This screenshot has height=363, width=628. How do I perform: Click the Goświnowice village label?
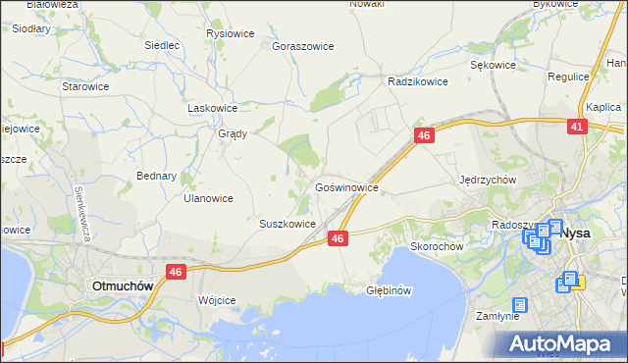click(345, 185)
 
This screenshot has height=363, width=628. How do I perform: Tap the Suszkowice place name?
click(287, 224)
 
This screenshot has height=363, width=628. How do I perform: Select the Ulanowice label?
click(208, 197)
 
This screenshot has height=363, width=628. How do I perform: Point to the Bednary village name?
click(156, 177)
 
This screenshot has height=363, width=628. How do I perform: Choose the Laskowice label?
click(213, 108)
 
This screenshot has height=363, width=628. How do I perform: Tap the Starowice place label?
click(85, 86)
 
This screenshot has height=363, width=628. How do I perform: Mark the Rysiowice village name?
click(231, 33)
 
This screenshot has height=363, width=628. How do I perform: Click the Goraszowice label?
click(303, 46)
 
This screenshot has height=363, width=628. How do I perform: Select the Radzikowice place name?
click(418, 81)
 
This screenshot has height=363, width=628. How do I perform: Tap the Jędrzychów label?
click(488, 180)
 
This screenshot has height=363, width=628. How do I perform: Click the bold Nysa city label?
click(581, 234)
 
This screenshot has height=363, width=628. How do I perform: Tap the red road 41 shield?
click(577, 127)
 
